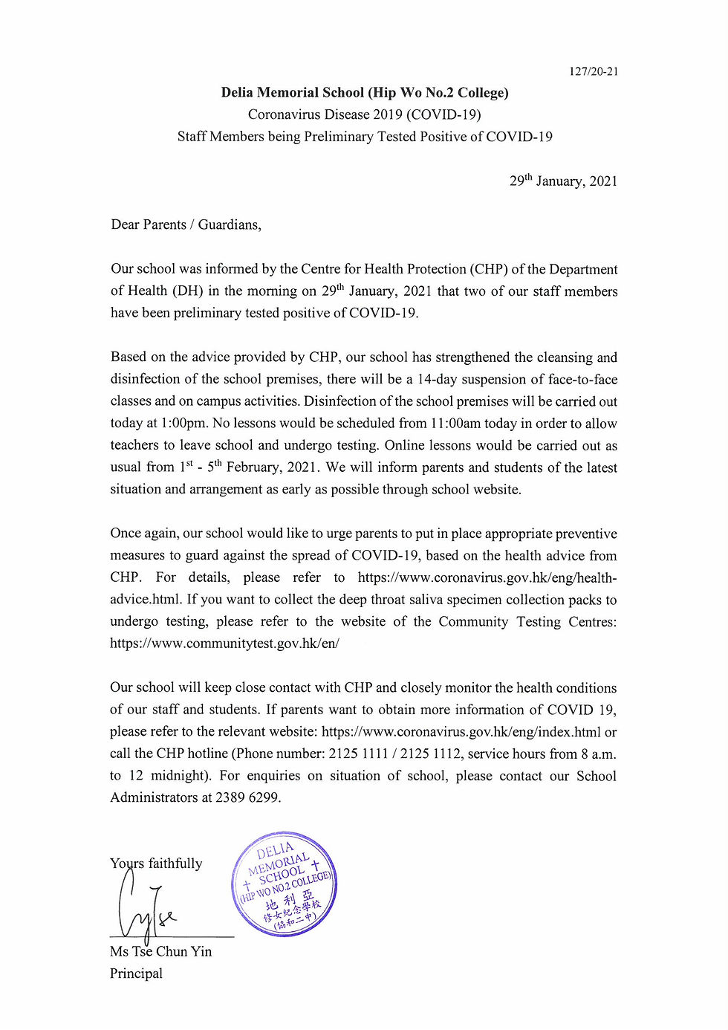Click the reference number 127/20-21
[594, 71]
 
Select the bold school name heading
[365, 93]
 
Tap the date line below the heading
[563, 181]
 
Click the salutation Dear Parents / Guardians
[186, 224]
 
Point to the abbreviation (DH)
[187, 291]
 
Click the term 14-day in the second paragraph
[435, 379]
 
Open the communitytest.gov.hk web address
[224, 644]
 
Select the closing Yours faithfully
[156, 864]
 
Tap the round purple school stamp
[285, 884]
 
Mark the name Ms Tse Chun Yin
[160, 951]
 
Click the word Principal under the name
[136, 974]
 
